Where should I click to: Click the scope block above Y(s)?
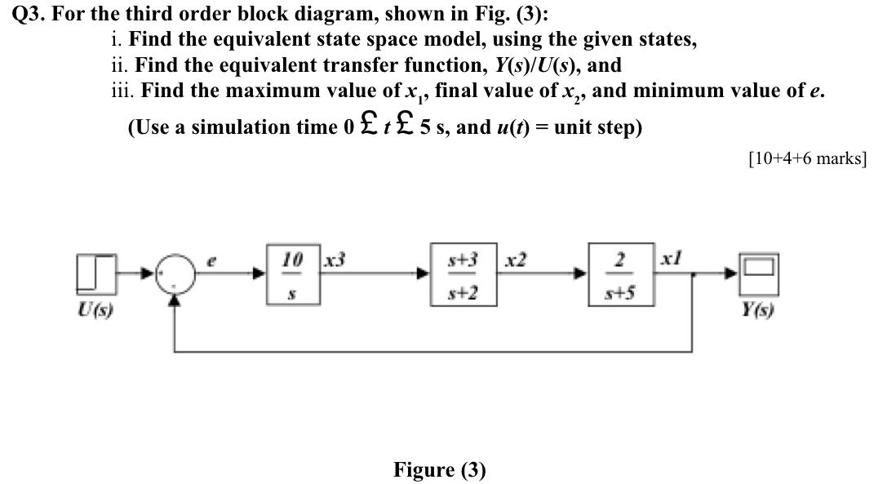[x=759, y=273]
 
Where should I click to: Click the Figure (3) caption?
[x=439, y=469]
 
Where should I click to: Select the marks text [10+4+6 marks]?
[x=806, y=158]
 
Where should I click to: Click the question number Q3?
[x=31, y=14]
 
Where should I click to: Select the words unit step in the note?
[x=600, y=127]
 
